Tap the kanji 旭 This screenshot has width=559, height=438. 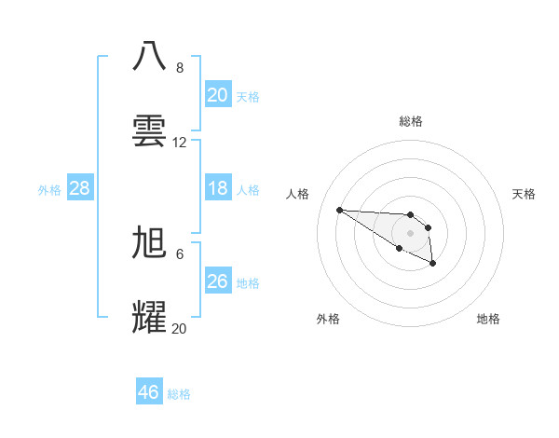coord(150,241)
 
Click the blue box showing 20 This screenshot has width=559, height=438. coord(217,95)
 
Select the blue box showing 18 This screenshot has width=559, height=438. coord(217,188)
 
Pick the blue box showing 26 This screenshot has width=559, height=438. coord(217,281)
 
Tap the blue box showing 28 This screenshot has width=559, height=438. coord(80,188)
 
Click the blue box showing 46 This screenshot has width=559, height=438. coord(149,392)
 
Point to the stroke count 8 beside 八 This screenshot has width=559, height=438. coord(180,68)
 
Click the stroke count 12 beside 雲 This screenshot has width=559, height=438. coord(180,143)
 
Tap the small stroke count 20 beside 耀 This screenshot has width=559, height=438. coord(180,328)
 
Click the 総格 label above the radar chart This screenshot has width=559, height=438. coord(411,121)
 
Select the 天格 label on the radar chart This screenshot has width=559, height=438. coord(524,194)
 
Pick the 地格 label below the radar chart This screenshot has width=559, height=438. coord(488,319)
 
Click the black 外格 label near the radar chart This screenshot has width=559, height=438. coord(328,319)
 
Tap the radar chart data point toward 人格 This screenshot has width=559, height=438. coord(339,210)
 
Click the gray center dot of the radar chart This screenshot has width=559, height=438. coord(410,232)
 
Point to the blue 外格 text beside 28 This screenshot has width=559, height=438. coord(49,189)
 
